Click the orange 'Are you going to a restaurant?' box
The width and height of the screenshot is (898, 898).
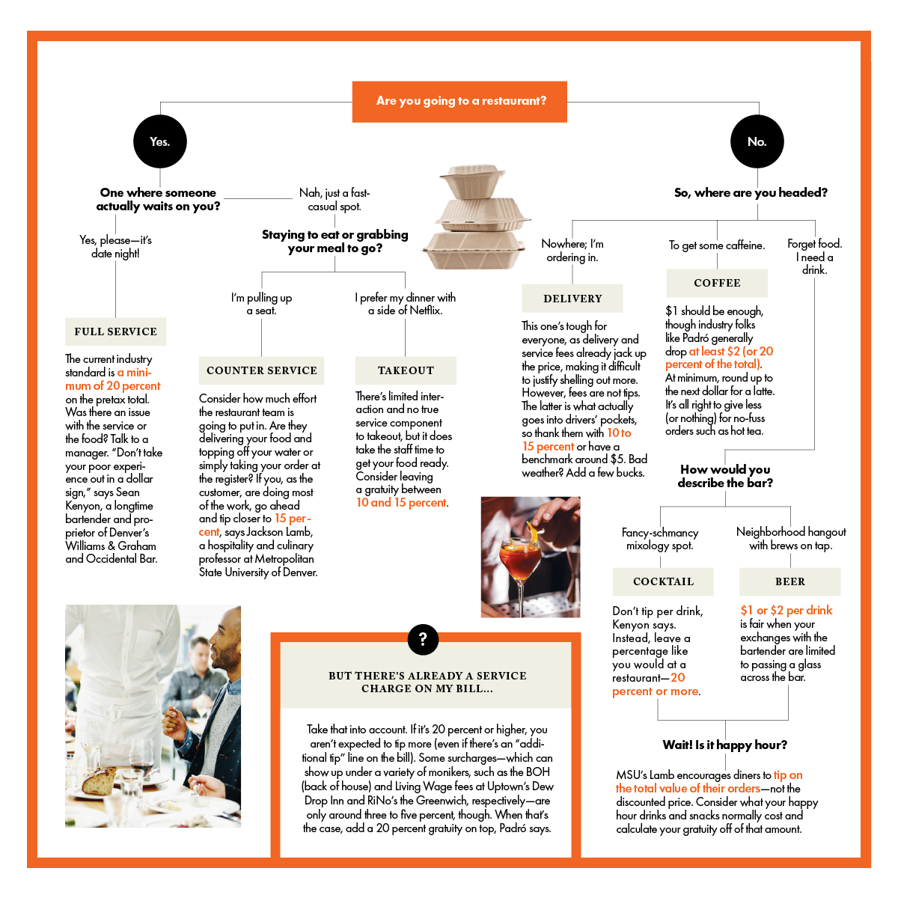coord(460,101)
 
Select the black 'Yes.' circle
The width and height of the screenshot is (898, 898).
coord(159,141)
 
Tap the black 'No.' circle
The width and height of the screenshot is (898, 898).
coord(757,141)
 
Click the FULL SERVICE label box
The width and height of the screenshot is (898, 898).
coord(115,332)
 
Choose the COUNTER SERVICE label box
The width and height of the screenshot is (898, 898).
coord(261,370)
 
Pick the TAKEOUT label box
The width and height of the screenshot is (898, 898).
coord(406,370)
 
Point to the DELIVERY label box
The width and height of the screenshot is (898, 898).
coord(572,299)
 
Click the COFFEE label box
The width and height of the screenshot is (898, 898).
coord(717,283)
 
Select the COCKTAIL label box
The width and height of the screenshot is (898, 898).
coord(663,581)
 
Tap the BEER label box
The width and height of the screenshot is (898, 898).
coord(789,581)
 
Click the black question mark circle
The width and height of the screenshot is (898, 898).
coord(423,639)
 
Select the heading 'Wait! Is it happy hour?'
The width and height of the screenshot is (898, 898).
coord(724,745)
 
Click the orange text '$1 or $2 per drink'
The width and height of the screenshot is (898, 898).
coord(786,610)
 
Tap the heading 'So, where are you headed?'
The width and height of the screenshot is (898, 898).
coord(751,192)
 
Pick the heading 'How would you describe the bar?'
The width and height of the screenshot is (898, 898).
coord(725,476)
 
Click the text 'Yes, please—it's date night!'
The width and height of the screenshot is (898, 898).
coord(115,246)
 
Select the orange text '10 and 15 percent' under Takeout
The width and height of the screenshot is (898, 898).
coord(401,503)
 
